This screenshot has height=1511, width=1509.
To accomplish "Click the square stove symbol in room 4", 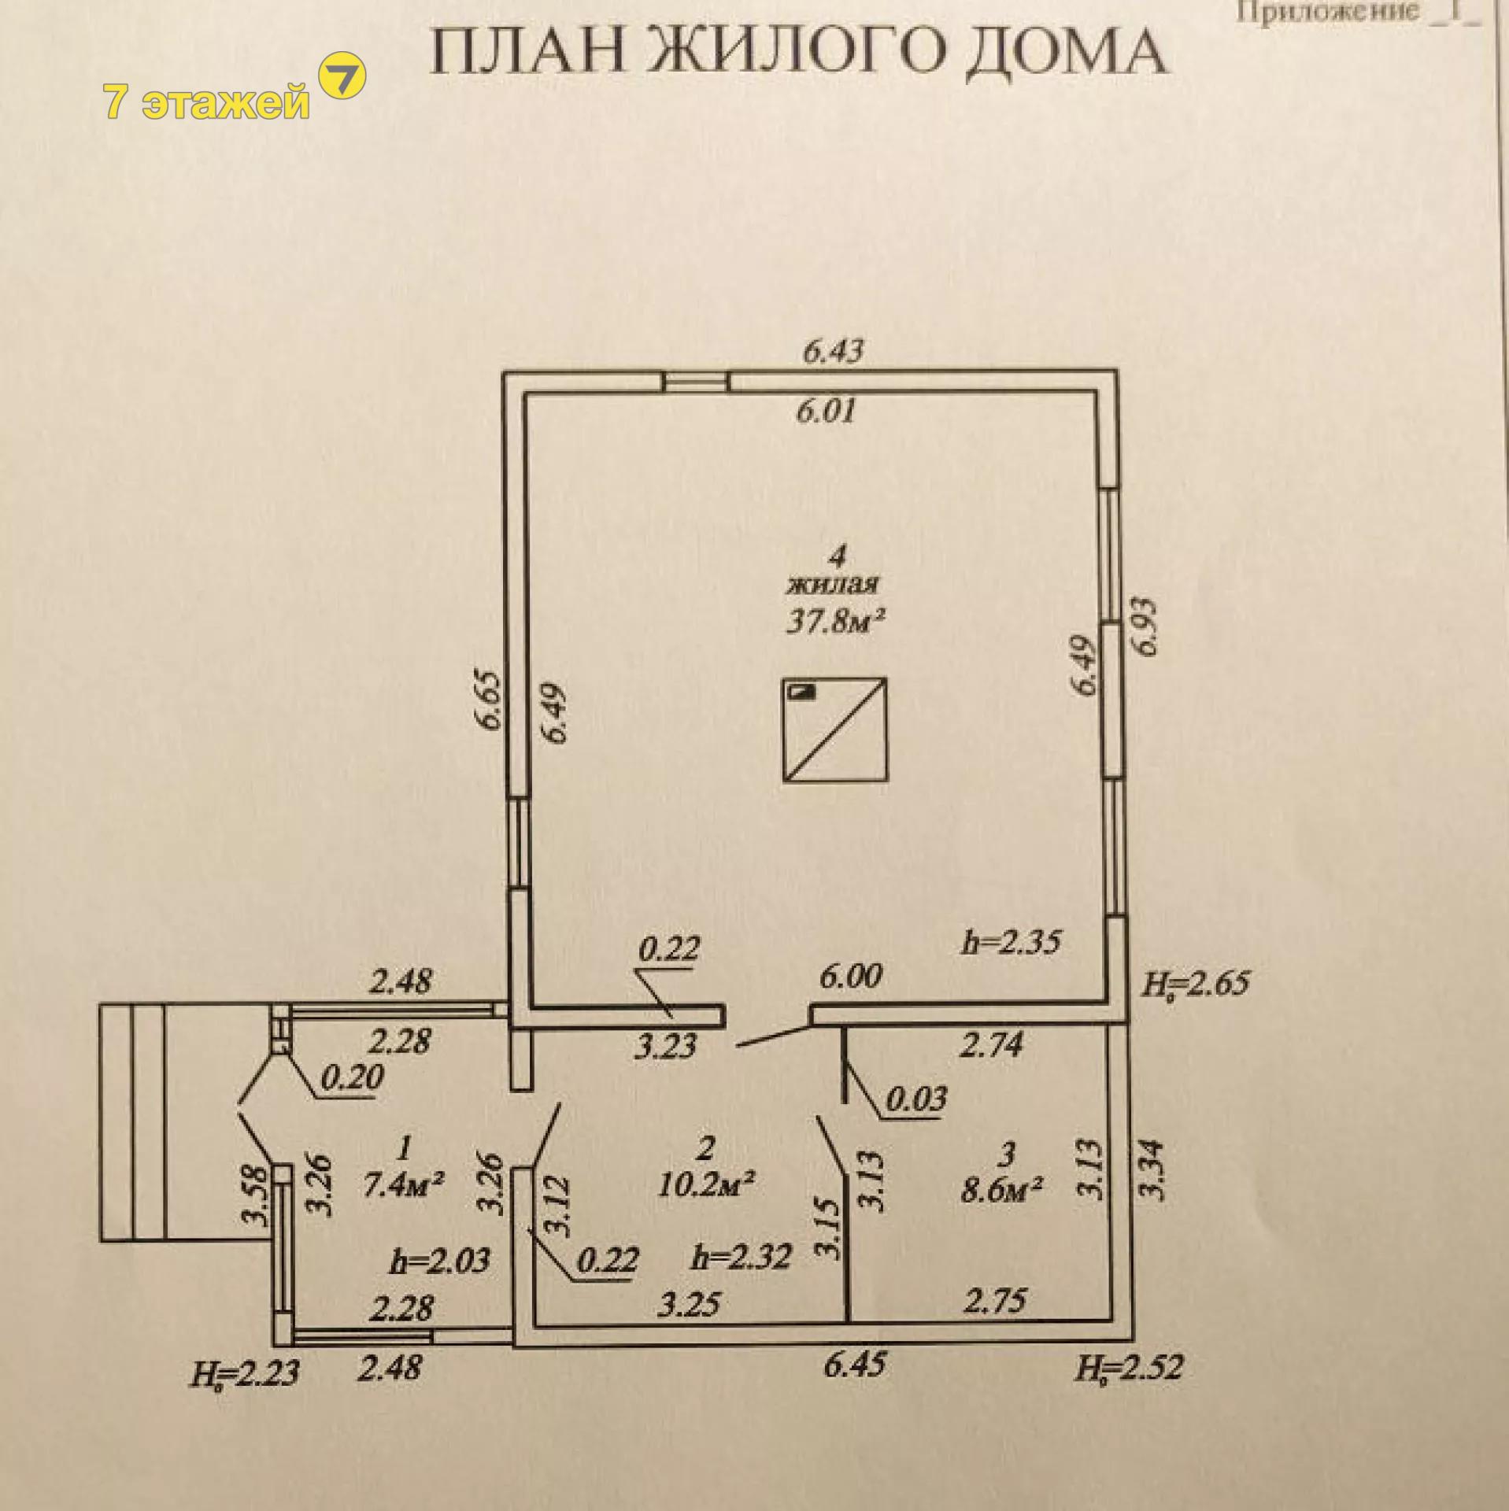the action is point(835,730).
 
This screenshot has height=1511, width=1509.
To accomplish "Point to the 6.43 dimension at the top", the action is point(833,350).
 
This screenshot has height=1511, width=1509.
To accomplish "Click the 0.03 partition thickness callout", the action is point(916,1098).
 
